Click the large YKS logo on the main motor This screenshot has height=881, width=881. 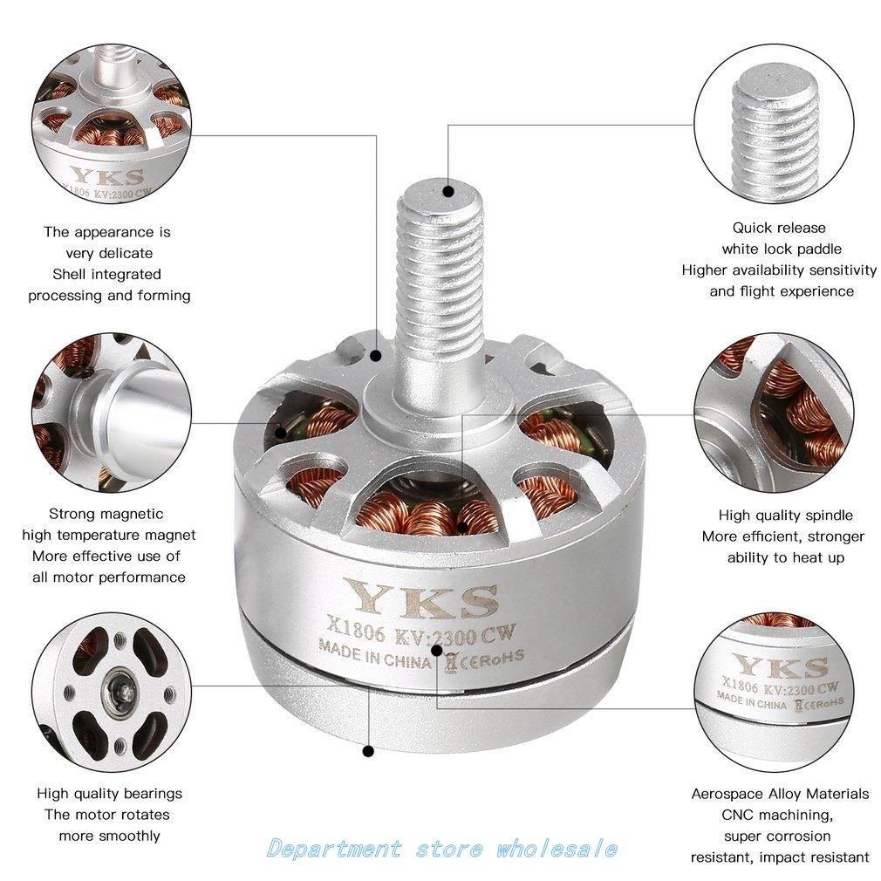pyautogui.click(x=425, y=599)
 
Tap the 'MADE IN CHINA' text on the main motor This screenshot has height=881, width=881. pyautogui.click(x=375, y=652)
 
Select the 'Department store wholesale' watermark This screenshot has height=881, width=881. pyautogui.click(x=442, y=848)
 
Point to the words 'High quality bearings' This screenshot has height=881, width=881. pyautogui.click(x=109, y=793)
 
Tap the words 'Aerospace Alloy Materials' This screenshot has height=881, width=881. pyautogui.click(x=780, y=794)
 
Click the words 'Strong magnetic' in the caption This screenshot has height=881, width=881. pyautogui.click(x=106, y=514)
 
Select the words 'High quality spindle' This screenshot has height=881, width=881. pyautogui.click(x=785, y=515)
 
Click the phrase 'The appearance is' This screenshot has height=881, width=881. pyautogui.click(x=107, y=232)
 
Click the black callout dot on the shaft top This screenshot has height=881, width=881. pyautogui.click(x=448, y=189)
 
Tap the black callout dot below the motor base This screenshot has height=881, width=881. pyautogui.click(x=368, y=751)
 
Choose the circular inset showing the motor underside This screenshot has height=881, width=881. pyautogui.click(x=107, y=689)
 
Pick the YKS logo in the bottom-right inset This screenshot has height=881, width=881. pyautogui.click(x=779, y=667)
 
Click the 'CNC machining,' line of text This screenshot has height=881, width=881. pyautogui.click(x=780, y=815)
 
